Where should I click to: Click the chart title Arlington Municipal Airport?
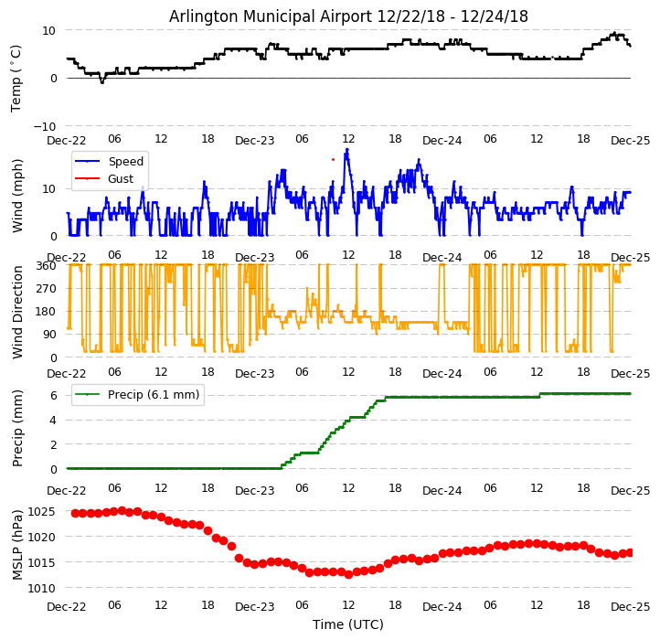coord(348,16)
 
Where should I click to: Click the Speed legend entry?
coord(125,162)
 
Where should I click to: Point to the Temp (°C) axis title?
coord(16,78)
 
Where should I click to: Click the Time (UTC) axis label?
coord(348,624)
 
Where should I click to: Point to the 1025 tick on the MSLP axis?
coord(41,511)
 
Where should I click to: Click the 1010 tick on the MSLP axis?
coord(41,588)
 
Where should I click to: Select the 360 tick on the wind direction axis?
coord(45,265)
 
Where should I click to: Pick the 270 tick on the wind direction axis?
coord(45,289)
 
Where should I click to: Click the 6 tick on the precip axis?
coord(53,396)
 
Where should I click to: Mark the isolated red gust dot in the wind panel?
coord(333,159)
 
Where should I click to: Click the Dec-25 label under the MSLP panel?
coord(631,606)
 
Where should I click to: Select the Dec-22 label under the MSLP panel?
coord(67,606)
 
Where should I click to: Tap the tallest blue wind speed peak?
coord(346,149)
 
